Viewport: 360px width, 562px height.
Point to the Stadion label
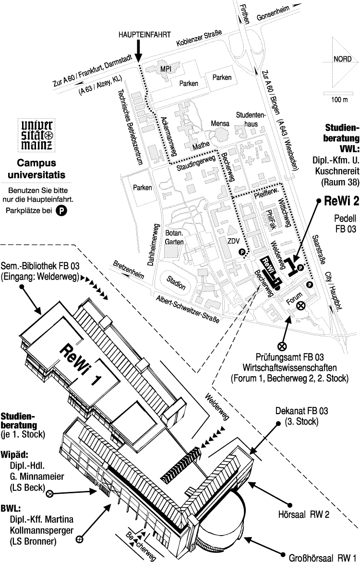tap(176, 283)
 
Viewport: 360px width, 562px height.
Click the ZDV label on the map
tap(234, 241)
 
